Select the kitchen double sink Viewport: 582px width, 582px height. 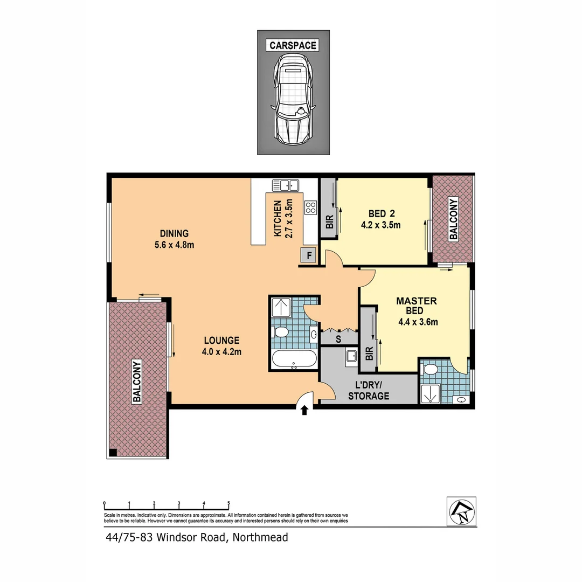tap(286, 185)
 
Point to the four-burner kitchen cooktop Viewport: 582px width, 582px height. tap(310, 207)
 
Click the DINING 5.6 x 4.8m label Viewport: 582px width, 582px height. tap(174, 239)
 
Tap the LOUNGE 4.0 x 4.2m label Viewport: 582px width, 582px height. tap(221, 346)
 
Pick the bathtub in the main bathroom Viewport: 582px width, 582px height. tap(294, 359)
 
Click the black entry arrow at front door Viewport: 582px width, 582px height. tap(304, 411)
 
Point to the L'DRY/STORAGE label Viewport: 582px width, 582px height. tap(369, 391)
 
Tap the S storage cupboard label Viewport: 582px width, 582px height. tap(338, 339)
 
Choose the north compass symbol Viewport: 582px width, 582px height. tap(461, 510)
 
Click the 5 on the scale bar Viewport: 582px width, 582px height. tap(228, 503)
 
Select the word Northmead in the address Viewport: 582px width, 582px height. tap(261, 537)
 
